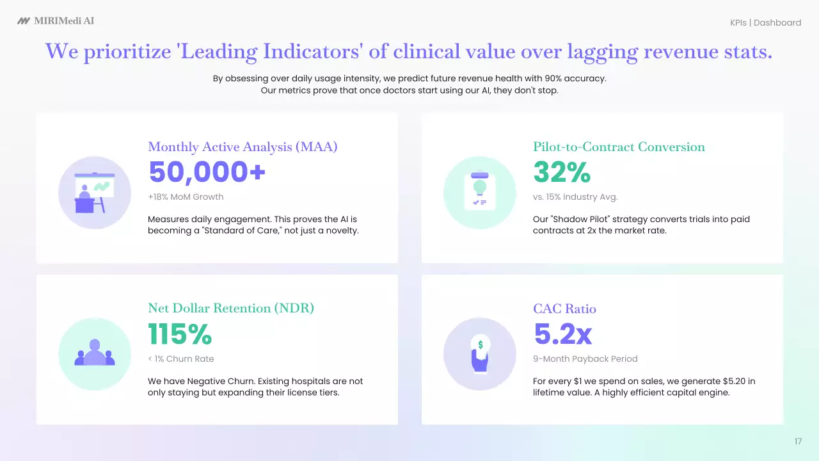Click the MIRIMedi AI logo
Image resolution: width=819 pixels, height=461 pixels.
click(x=56, y=21)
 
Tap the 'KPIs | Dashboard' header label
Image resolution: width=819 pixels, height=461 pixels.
click(x=765, y=22)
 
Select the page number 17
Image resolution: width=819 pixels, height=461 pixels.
click(x=798, y=441)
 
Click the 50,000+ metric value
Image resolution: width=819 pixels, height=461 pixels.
click(x=207, y=172)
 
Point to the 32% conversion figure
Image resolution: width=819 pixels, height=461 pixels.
click(x=561, y=172)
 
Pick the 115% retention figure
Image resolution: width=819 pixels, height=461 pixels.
click(x=179, y=334)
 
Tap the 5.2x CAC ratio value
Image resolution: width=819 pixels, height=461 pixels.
click(x=562, y=334)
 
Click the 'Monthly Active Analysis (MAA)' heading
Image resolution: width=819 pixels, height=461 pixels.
click(x=243, y=147)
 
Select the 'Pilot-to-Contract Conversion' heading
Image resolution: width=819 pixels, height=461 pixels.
click(x=619, y=147)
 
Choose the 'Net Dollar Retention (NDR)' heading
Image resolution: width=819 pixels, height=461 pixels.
click(x=231, y=308)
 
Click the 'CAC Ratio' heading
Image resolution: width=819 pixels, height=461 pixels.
click(x=564, y=309)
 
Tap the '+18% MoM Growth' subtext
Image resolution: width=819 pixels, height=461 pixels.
click(x=186, y=197)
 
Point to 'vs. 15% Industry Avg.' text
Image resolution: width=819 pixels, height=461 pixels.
click(x=575, y=197)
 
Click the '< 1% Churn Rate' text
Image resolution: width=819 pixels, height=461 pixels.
click(x=181, y=359)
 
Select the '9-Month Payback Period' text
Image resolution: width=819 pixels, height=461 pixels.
click(x=585, y=359)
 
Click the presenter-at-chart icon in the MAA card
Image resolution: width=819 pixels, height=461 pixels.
click(x=95, y=193)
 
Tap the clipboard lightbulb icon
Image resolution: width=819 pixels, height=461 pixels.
click(x=479, y=193)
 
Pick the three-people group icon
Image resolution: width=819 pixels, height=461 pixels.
click(x=95, y=354)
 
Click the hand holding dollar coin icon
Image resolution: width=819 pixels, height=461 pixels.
click(x=479, y=354)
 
